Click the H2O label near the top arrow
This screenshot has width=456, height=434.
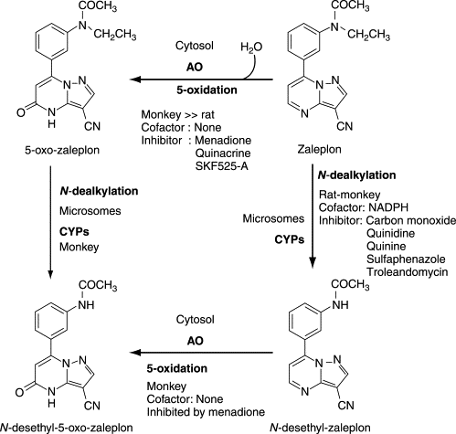[x=251, y=48]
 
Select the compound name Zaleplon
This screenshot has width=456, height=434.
[x=319, y=150]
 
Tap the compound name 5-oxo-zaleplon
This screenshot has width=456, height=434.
[x=62, y=150]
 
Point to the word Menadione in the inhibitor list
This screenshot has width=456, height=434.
[x=223, y=140]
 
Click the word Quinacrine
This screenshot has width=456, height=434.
[x=223, y=153]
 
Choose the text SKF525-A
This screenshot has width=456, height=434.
[x=222, y=166]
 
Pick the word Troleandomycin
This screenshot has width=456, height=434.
[x=408, y=272]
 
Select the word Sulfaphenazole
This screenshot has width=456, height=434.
[x=406, y=259]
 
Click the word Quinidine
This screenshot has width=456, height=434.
[x=390, y=233]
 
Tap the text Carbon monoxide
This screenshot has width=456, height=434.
[x=411, y=220]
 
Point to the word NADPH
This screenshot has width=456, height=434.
[x=388, y=207]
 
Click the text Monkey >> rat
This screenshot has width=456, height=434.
[x=178, y=114]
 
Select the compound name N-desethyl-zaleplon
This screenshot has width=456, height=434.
[x=320, y=428]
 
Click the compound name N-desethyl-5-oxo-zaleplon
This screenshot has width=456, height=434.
[x=66, y=428]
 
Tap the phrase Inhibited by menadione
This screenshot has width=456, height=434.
[x=206, y=412]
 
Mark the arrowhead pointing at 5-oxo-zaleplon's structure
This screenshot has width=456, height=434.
[x=135, y=79]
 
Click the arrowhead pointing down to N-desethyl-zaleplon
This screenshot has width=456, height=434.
[x=313, y=263]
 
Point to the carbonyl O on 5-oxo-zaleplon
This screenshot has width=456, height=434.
[x=21, y=113]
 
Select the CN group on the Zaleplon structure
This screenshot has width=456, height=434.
[x=345, y=126]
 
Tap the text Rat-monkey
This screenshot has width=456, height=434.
[x=350, y=195]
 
